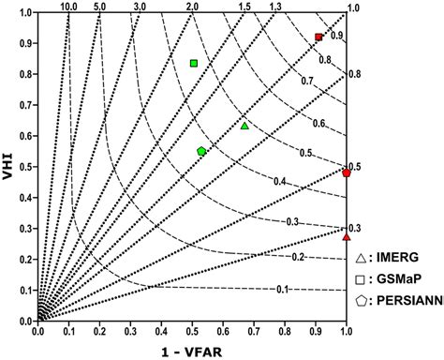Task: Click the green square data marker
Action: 194,64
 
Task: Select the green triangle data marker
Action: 244,126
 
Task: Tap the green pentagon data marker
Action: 201,151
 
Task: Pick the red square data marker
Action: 318,37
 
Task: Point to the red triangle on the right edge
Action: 347,237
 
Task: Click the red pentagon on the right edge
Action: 347,173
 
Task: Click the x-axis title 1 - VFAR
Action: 191,349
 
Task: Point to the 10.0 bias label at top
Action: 68,7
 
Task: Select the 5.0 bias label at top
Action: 99,7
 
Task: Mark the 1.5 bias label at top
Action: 245,7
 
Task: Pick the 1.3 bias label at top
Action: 275,7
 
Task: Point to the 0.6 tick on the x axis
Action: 223,330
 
